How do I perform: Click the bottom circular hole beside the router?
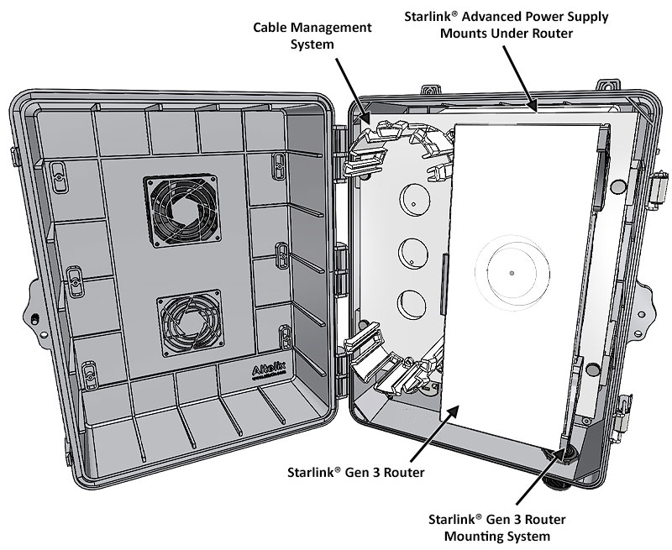[412, 302]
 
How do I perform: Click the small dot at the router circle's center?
[512, 273]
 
